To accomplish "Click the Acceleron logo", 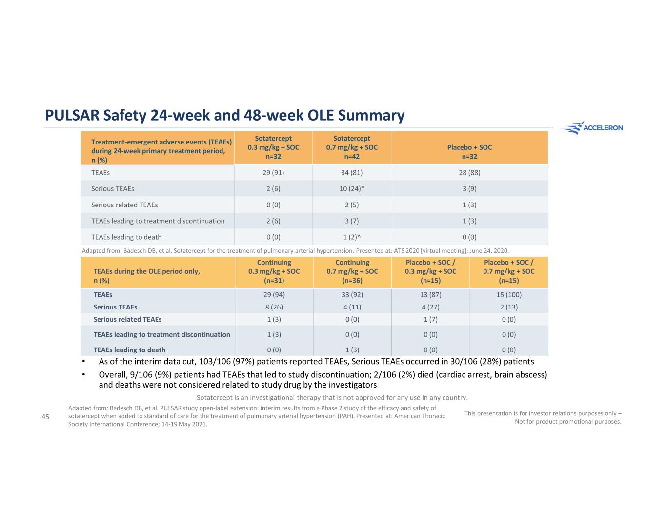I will pyautogui.click(x=591, y=128).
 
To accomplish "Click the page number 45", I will pyautogui.click(x=45, y=416).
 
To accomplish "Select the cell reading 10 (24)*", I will pyautogui.click(x=352, y=188).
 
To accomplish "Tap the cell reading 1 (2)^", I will pyautogui.click(x=352, y=237).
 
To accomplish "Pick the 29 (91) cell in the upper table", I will pyautogui.click(x=273, y=172).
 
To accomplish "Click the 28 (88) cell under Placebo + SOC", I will pyautogui.click(x=469, y=172).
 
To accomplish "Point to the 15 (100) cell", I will pyautogui.click(x=508, y=294).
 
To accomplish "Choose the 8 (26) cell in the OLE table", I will pyautogui.click(x=273, y=307).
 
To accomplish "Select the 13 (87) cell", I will pyautogui.click(x=430, y=294).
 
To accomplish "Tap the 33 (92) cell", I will pyautogui.click(x=352, y=294).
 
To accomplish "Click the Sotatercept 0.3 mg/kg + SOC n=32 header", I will pyautogui.click(x=273, y=147).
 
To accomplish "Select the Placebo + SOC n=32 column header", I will pyautogui.click(x=469, y=152).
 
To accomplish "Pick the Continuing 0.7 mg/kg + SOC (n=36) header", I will pyautogui.click(x=352, y=271).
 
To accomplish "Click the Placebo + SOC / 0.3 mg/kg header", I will pyautogui.click(x=430, y=271).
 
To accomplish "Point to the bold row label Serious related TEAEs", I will pyautogui.click(x=127, y=319).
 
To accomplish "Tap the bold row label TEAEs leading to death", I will pyautogui.click(x=129, y=350).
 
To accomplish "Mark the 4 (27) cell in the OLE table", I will pyautogui.click(x=430, y=307).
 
